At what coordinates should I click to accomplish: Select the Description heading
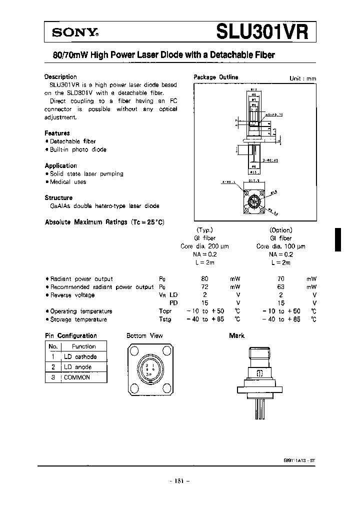pyautogui.click(x=60, y=77)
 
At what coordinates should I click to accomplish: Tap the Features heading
pyautogui.click(x=57, y=133)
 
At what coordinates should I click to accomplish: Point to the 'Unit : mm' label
pyautogui.click(x=302, y=78)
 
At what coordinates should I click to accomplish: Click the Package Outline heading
pyautogui.click(x=215, y=77)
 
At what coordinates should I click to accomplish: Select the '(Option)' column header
pyautogui.click(x=280, y=230)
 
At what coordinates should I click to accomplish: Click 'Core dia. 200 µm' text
pyautogui.click(x=204, y=246)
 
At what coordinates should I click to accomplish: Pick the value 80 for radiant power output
pyautogui.click(x=204, y=279)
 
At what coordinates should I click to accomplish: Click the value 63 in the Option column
pyautogui.click(x=280, y=287)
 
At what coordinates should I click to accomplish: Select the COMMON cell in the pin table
pyautogui.click(x=77, y=377)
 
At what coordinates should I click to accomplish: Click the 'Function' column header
pyautogui.click(x=83, y=346)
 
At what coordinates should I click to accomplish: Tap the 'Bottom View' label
pyautogui.click(x=144, y=336)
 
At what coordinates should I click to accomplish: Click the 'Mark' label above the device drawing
pyautogui.click(x=236, y=336)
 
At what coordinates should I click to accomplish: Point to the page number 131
pyautogui.click(x=180, y=481)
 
